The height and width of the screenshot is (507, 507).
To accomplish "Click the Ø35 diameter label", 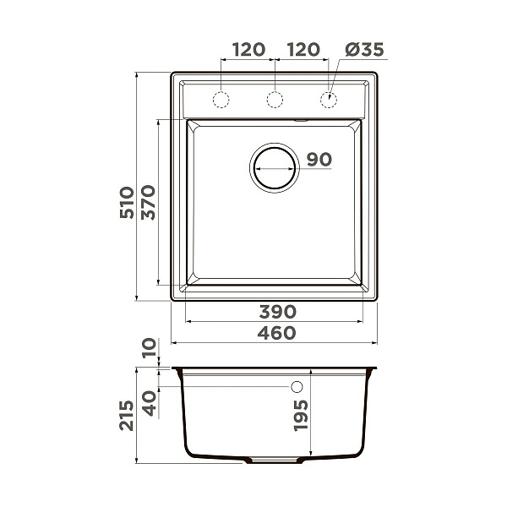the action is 364,50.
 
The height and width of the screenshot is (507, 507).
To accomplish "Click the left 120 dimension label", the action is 248,50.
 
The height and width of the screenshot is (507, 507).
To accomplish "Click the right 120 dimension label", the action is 303,50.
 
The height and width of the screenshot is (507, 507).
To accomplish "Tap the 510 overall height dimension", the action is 127,203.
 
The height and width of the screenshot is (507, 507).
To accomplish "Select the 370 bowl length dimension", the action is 149,203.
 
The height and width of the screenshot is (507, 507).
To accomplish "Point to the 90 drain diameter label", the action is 319,160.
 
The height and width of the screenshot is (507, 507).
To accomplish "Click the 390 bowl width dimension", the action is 277,312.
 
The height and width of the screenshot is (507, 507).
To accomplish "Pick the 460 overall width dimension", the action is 276,333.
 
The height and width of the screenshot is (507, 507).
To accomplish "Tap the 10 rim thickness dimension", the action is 150,347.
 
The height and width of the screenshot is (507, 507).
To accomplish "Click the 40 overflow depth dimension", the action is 150,403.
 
